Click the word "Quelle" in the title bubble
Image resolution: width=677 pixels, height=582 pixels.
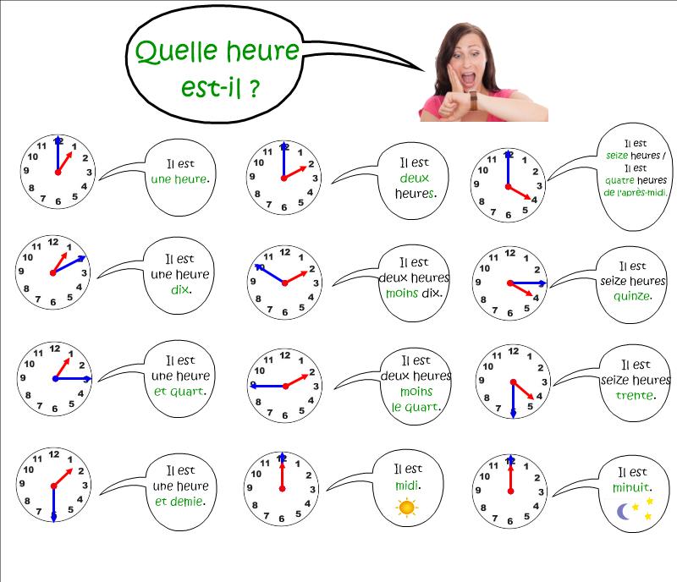point(176,52)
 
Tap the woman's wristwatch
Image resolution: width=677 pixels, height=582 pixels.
point(473,101)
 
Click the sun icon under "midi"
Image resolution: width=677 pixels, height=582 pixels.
point(407,508)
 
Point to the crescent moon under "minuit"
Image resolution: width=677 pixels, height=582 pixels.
point(623,512)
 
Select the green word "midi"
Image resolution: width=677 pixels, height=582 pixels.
point(406,486)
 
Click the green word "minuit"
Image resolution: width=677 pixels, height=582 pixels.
point(630,487)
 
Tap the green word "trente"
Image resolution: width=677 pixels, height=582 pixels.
point(634,396)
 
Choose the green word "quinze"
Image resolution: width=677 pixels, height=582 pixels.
point(630,296)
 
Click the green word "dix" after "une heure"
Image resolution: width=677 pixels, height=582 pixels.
point(179,288)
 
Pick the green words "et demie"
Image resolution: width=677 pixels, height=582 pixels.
point(179,502)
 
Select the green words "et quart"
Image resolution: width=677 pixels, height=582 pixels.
point(179,392)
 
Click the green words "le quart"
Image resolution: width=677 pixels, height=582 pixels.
point(415,407)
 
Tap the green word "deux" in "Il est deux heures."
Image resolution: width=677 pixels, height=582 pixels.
point(414,178)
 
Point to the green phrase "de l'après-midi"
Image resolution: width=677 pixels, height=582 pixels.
point(635,192)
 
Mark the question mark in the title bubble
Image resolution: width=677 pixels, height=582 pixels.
point(255,88)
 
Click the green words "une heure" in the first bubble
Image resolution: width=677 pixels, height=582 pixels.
point(179,178)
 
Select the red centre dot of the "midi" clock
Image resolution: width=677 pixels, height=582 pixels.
point(282,489)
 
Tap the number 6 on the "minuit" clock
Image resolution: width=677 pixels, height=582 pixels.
point(510,521)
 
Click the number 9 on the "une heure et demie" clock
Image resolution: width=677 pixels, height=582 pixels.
point(22,484)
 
